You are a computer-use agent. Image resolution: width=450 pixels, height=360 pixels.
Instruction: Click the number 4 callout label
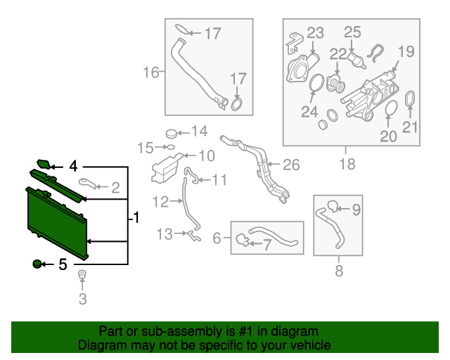(x=73, y=167)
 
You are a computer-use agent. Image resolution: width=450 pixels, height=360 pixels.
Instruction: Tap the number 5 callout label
(x=63, y=265)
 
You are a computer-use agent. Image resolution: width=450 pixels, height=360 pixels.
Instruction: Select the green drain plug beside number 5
(x=37, y=264)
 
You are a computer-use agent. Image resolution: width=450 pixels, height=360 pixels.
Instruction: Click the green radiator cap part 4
(x=44, y=165)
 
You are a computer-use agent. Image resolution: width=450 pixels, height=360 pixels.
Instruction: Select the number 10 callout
(x=207, y=155)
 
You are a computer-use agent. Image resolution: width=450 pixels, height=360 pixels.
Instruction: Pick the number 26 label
(x=291, y=165)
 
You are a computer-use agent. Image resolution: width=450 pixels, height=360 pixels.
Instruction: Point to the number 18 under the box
(x=345, y=165)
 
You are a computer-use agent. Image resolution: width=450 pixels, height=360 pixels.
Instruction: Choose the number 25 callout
(x=352, y=32)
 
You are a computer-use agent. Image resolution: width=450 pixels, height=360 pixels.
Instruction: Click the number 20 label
(x=389, y=137)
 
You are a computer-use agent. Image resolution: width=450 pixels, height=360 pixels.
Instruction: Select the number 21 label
(x=410, y=127)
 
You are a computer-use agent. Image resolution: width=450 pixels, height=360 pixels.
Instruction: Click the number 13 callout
(x=165, y=234)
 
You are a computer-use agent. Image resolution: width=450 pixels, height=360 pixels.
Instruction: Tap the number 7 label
(x=266, y=245)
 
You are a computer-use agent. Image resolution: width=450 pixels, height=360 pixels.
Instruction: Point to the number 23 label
(x=314, y=32)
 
